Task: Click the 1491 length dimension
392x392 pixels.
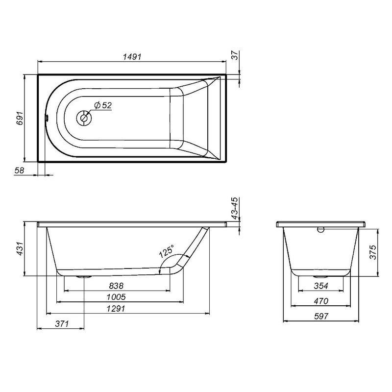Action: coord(132,57)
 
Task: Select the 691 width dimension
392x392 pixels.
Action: coord(20,118)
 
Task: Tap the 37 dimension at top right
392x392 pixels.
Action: coord(235,55)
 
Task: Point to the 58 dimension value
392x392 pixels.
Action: coord(19,170)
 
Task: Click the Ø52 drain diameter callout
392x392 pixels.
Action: coord(103,105)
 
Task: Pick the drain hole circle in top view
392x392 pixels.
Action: coord(84,118)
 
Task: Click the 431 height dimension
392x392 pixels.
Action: coord(20,248)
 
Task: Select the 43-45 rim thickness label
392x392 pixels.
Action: coord(235,209)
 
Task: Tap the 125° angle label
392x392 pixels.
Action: coord(166,251)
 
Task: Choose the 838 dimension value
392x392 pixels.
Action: coord(116,286)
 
